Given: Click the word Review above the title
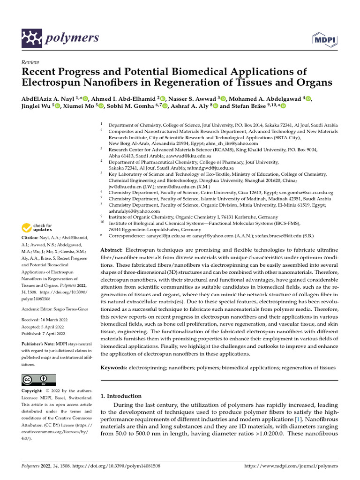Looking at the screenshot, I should pyautogui.click(x=30, y=62).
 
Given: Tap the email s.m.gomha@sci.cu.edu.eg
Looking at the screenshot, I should pyautogui.click(x=305, y=192).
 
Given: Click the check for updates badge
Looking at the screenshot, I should pyautogui.click(x=37, y=228).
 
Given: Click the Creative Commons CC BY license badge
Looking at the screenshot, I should pyautogui.click(x=38, y=380).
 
